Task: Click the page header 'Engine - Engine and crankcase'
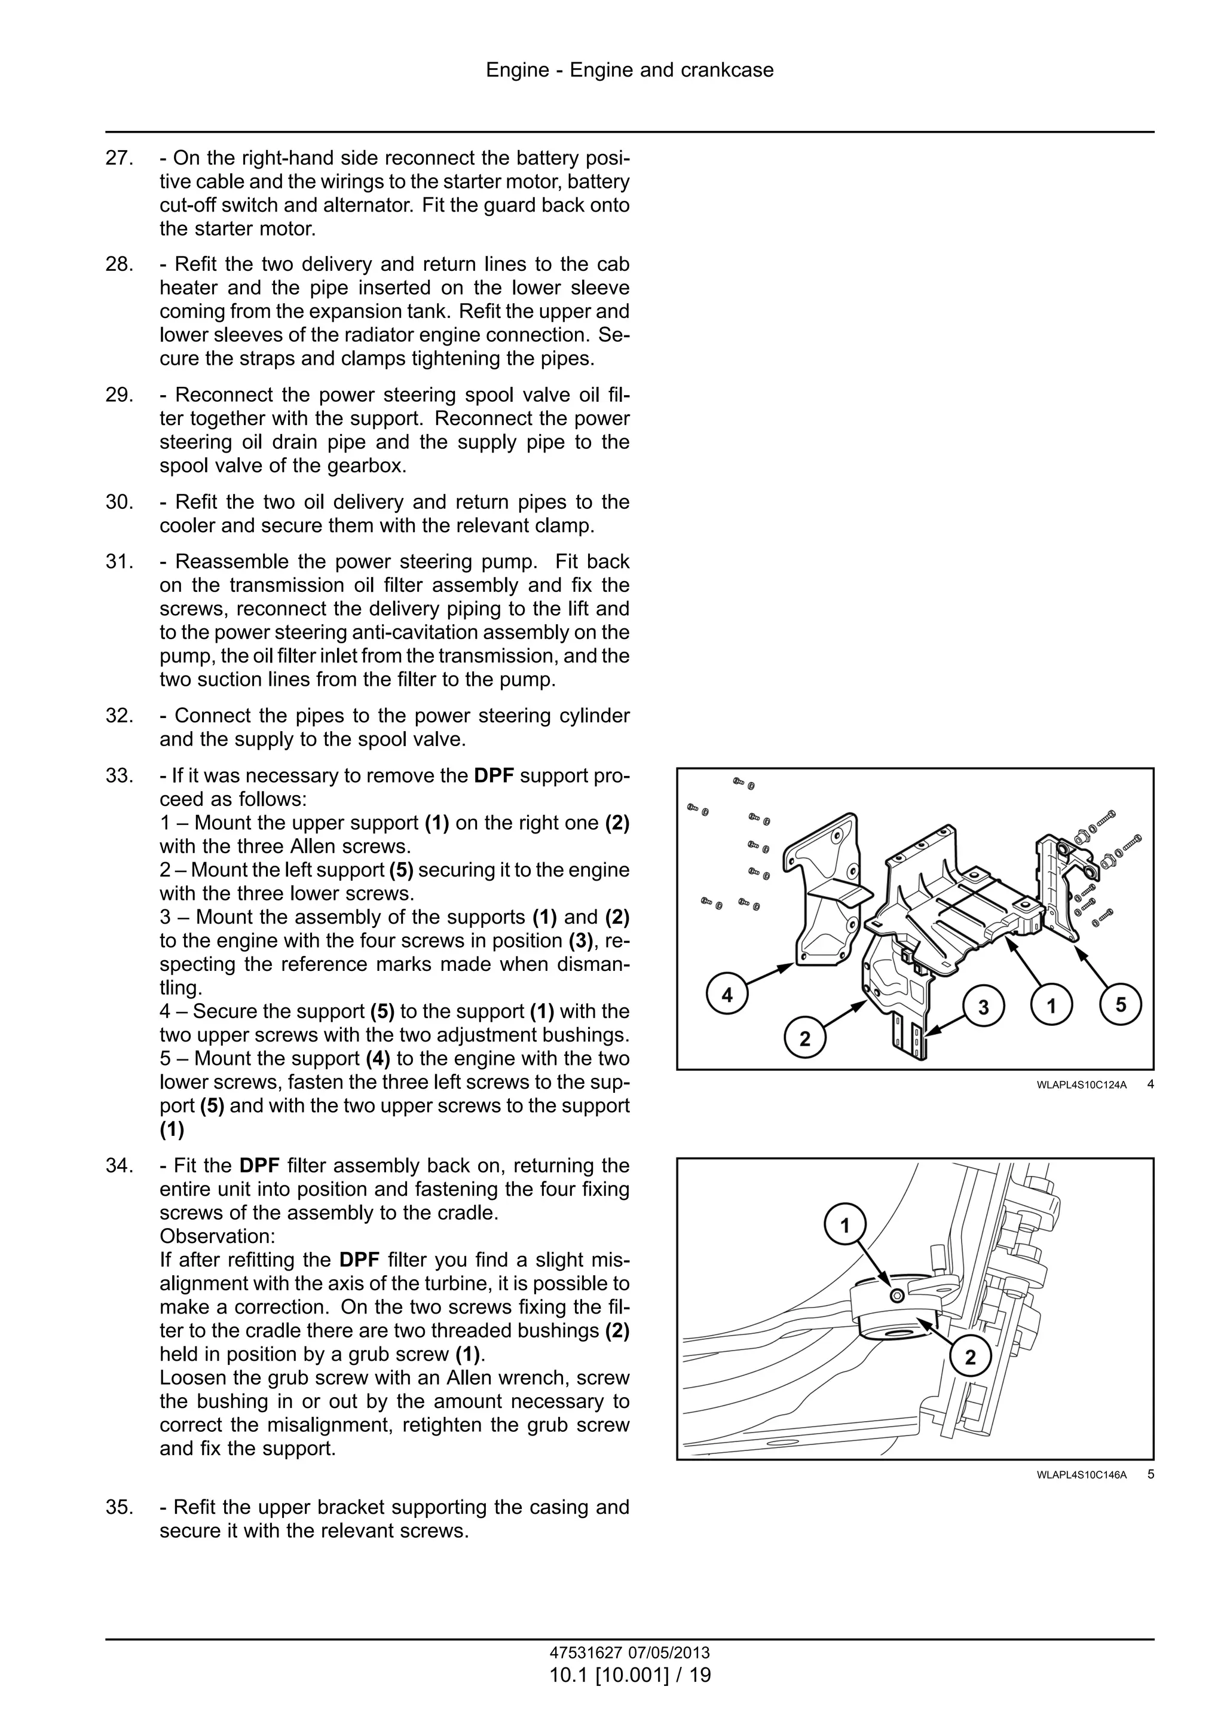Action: pyautogui.click(x=629, y=70)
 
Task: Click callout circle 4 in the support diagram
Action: pyautogui.click(x=727, y=995)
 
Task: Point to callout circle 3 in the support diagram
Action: pyautogui.click(x=983, y=1007)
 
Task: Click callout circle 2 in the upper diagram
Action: pyautogui.click(x=804, y=1038)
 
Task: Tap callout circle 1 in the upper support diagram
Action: pyautogui.click(x=1051, y=1005)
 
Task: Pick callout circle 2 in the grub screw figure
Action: pyautogui.click(x=970, y=1358)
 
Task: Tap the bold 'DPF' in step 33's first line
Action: pyautogui.click(x=495, y=775)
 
